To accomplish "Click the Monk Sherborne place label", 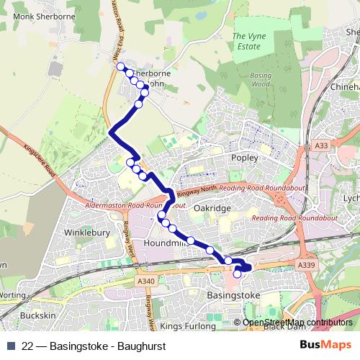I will (x=34, y=16).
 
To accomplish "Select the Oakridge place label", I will (x=212, y=208).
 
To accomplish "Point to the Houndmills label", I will (x=166, y=244).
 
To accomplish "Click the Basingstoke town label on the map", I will (x=233, y=295).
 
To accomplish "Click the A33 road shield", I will (x=321, y=146).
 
